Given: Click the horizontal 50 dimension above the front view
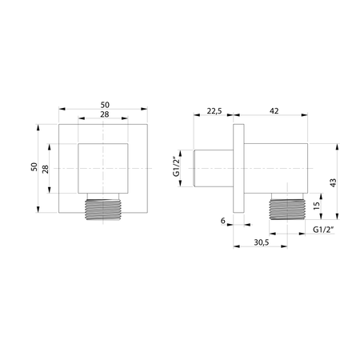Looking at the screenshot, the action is pos(105,105).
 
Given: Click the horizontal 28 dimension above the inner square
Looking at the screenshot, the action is pos(105,114).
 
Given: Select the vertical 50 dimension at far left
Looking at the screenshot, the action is pos(34,166).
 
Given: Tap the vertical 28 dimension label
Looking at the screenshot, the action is pos(46,169).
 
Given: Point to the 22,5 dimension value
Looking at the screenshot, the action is pos(214,111).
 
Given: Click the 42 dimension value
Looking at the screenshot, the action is pos(274,111).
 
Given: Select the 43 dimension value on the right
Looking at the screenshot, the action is pos(333,182).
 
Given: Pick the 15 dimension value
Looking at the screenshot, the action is pos(316,206).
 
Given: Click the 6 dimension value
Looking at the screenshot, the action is pos(223,221).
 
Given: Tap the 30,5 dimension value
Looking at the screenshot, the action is pos(262,242).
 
